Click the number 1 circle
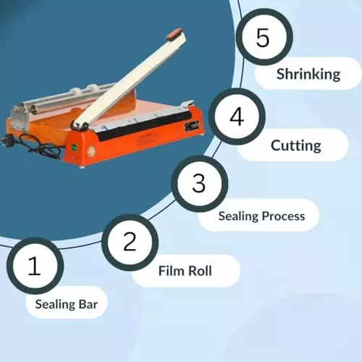(35, 266)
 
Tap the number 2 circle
(130, 241)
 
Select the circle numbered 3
(199, 183)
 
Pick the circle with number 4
(237, 117)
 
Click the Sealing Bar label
(66, 304)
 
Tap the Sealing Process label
(261, 216)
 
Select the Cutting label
(295, 146)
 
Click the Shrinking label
(308, 73)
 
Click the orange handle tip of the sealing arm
(174, 33)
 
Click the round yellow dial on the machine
(91, 152)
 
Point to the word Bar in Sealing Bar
(87, 304)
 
